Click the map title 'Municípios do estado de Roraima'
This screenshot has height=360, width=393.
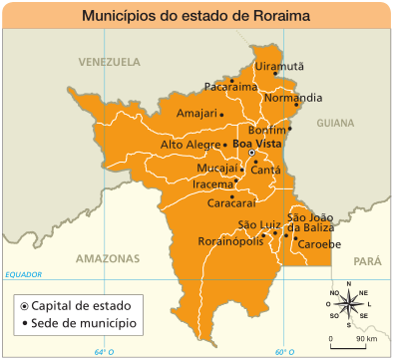tap(196, 16)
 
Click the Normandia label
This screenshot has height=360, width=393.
tap(293, 98)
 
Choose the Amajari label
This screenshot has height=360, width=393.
tap(196, 114)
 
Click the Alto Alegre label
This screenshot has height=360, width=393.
tap(190, 146)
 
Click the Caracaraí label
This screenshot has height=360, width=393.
tap(231, 202)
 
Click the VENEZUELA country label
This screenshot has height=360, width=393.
tap(110, 62)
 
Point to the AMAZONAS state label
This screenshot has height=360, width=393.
tap(106, 257)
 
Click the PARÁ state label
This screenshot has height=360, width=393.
tap(367, 260)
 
